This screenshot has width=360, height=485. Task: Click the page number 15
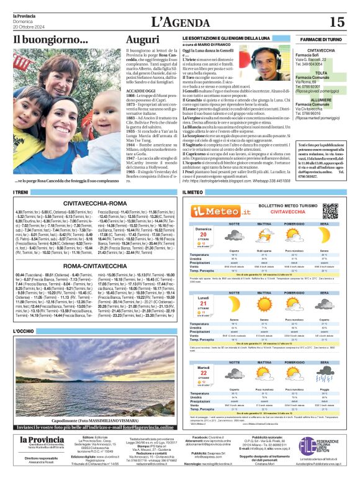pyautogui.click(x=336, y=22)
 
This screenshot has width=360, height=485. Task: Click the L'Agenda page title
pyautogui.click(x=180, y=22)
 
